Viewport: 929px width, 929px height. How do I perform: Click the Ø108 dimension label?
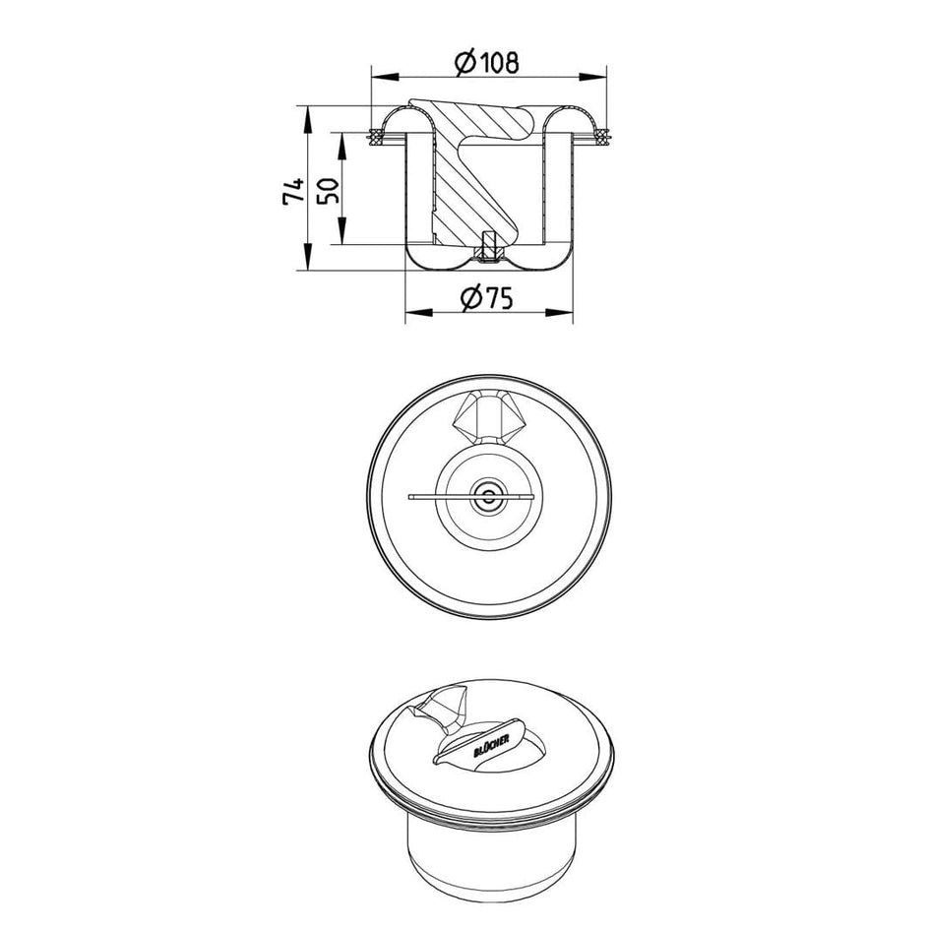(x=486, y=62)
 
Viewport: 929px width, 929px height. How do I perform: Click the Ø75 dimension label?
(x=486, y=298)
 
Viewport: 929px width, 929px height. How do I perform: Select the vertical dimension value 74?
(x=294, y=191)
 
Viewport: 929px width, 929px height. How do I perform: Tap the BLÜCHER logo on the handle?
(x=491, y=744)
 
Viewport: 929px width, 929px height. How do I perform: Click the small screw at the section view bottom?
(x=488, y=246)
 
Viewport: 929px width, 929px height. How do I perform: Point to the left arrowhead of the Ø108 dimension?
(x=384, y=76)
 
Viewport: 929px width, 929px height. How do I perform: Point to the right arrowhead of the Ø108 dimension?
(x=593, y=76)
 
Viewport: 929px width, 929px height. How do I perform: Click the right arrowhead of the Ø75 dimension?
(x=560, y=312)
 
